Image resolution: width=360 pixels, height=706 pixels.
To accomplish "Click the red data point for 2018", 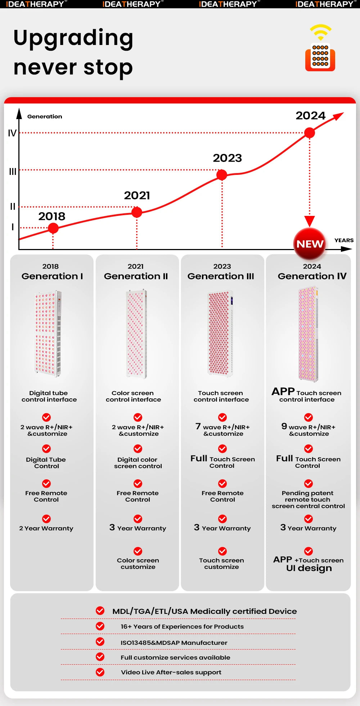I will click(x=53, y=228).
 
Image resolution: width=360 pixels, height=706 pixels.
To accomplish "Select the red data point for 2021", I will click(x=137, y=212).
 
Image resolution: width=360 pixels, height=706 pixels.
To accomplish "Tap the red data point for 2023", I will click(x=222, y=175).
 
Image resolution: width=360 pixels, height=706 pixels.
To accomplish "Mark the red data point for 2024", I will click(x=310, y=133).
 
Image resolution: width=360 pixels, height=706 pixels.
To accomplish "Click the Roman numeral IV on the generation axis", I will click(x=12, y=133).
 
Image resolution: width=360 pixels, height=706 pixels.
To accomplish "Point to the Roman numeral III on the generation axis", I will click(x=13, y=172).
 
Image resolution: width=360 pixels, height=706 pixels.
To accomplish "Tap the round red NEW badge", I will click(x=310, y=244).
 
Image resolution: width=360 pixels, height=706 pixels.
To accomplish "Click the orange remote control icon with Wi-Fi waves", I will click(x=320, y=49).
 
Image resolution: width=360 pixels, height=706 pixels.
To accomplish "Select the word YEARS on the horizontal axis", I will click(x=344, y=240).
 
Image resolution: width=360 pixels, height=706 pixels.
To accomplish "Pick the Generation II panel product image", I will click(x=136, y=334).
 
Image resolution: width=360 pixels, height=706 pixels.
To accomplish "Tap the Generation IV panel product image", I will click(x=308, y=334).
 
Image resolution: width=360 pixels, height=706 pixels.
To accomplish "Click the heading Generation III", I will click(x=221, y=276).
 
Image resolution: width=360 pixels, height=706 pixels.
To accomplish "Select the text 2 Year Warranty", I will click(x=46, y=528).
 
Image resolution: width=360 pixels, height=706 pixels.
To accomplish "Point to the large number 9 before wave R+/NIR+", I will click(x=284, y=426).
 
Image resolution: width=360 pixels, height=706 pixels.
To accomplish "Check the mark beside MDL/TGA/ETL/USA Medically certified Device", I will click(x=100, y=611).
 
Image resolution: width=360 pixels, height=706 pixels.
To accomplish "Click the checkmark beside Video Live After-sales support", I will click(x=100, y=672).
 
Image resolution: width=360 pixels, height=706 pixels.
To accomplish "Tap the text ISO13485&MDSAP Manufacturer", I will click(x=174, y=643).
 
